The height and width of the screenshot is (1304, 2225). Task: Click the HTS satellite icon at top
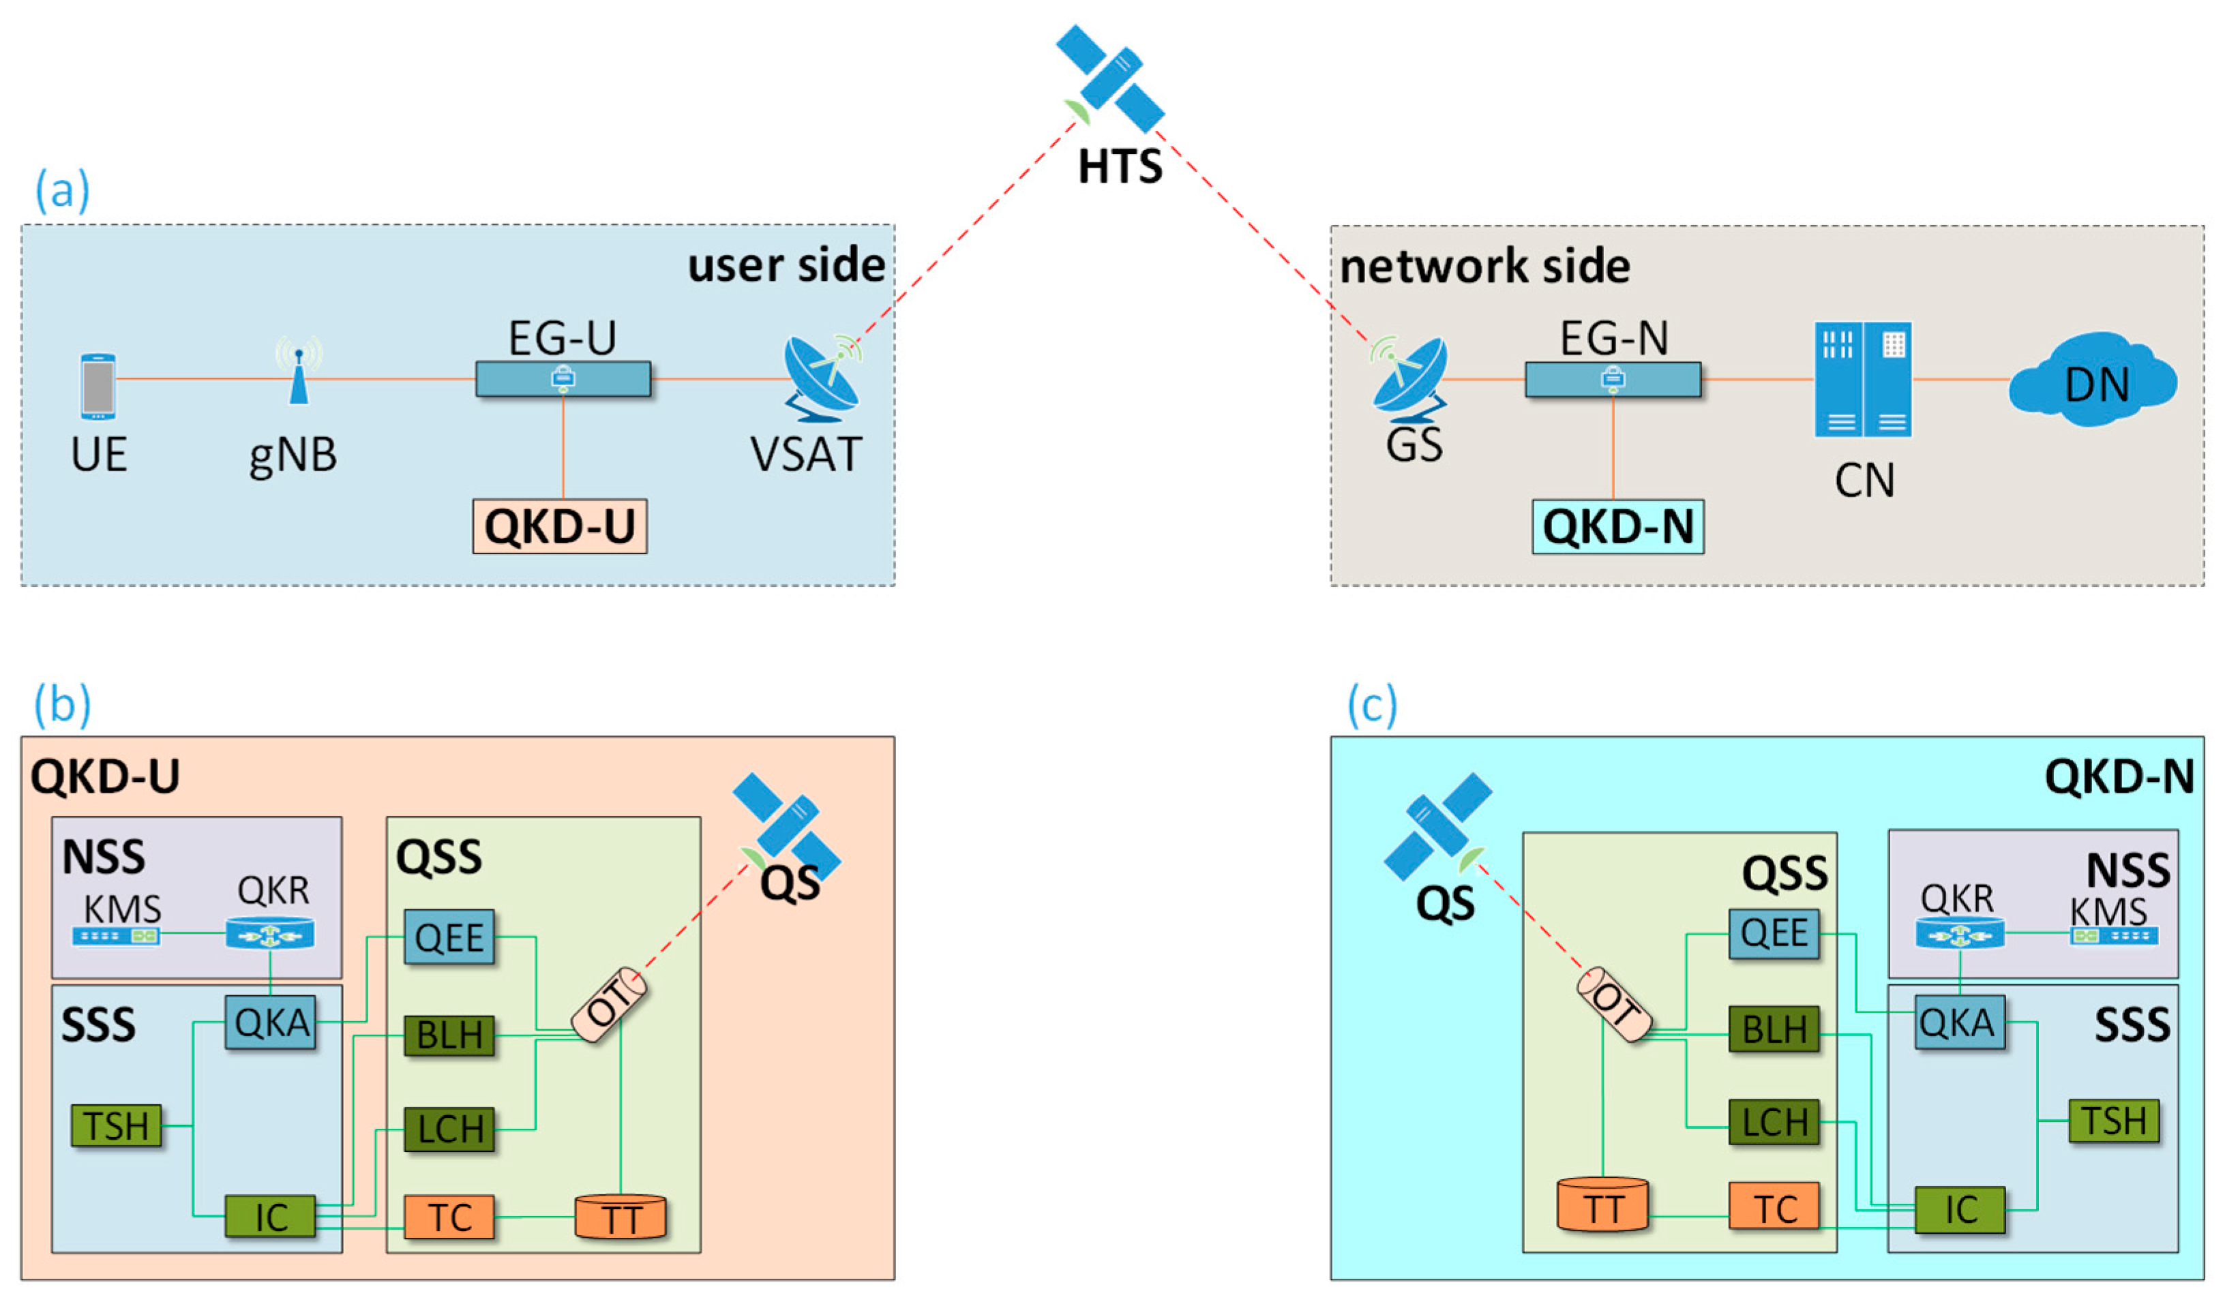(x=1111, y=80)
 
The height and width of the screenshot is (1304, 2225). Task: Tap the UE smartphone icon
(x=98, y=386)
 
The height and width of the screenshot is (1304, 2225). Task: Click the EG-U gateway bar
(x=563, y=379)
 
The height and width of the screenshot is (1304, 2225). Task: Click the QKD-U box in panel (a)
(x=560, y=526)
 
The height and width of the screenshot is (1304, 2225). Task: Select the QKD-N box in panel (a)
(x=1617, y=526)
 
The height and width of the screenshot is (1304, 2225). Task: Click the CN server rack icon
(x=1863, y=379)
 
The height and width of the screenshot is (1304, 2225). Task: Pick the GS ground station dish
(x=1410, y=378)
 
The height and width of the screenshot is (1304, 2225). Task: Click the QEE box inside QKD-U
(x=449, y=937)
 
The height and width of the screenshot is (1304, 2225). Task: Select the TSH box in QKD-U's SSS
(x=117, y=1125)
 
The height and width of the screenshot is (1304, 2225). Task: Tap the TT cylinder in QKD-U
(x=621, y=1217)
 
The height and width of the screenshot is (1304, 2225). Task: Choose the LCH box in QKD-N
(x=1774, y=1121)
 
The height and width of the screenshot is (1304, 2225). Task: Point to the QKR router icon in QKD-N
(x=1959, y=933)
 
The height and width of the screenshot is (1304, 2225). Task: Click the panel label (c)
(x=1372, y=705)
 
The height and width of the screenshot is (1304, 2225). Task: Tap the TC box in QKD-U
(x=449, y=1217)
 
